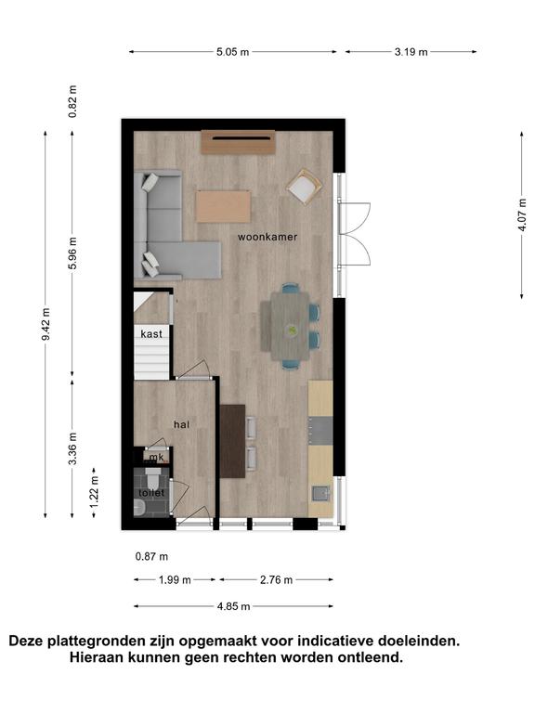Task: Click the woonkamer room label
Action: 267,237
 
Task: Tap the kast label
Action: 151,334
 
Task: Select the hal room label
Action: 181,424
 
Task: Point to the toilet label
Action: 151,493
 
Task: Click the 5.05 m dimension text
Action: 232,52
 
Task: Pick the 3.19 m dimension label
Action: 411,52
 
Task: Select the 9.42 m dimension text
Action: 46,324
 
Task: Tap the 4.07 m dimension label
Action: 522,214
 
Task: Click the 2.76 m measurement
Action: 276,579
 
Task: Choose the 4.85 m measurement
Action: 233,606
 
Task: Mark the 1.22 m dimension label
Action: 94,493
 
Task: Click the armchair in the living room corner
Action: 305,187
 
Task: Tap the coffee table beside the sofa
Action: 223,206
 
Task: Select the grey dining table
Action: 290,326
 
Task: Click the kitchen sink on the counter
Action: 321,493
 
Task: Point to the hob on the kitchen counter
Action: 320,431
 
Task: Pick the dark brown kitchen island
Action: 232,441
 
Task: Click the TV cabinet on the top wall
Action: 239,142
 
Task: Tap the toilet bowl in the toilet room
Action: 152,478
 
